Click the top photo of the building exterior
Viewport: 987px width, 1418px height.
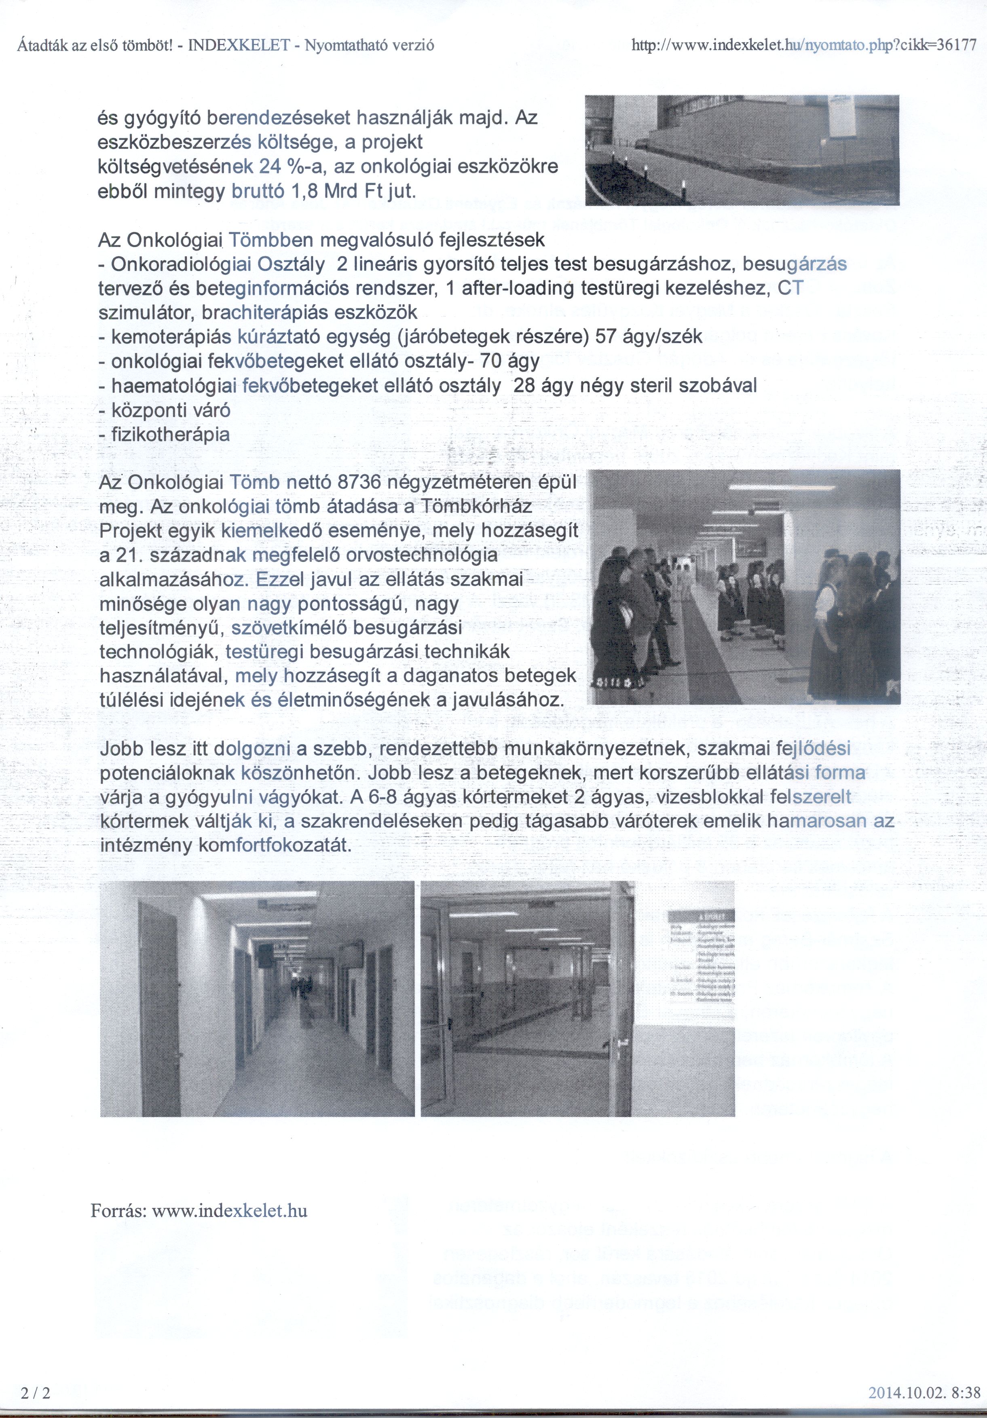(x=741, y=150)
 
